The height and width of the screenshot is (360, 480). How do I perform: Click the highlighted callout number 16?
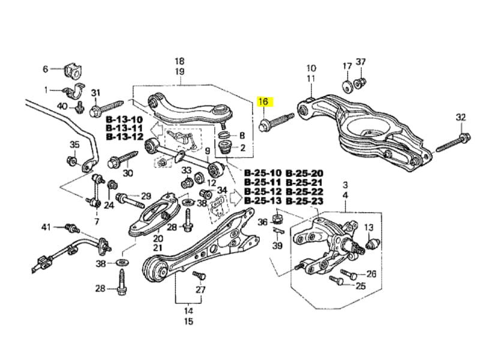264,102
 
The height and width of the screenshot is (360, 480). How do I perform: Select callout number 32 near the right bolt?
460,117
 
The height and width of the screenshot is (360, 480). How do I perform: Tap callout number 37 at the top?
361,62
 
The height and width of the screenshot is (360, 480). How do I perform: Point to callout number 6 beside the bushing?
45,69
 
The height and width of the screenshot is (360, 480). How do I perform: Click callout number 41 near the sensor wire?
46,227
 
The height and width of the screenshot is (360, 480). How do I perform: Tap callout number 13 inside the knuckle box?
368,227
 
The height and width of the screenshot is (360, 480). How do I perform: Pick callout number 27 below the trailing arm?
200,290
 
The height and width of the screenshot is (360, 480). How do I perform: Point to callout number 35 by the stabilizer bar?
74,145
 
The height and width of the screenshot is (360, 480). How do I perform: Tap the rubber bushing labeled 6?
71,70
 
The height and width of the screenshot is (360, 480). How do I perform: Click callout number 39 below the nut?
277,246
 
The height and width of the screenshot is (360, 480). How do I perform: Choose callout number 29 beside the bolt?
146,196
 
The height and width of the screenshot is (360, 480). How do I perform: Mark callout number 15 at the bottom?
188,322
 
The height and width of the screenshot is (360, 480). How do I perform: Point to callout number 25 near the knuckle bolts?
360,286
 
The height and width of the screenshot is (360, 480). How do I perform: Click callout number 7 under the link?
96,222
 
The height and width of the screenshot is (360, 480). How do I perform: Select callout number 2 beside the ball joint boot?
242,148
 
